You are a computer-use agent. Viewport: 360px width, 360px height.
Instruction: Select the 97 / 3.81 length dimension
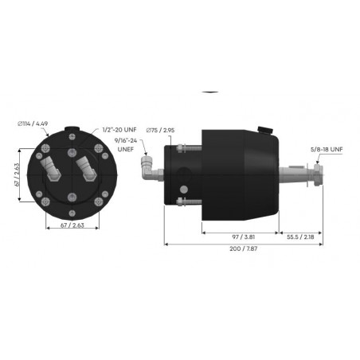239,238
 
